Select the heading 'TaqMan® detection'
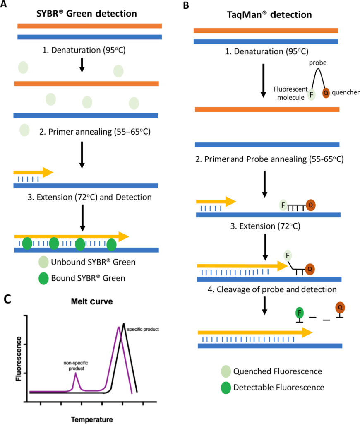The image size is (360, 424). point(271,16)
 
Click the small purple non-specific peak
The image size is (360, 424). point(75,374)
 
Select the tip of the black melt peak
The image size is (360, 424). point(123,324)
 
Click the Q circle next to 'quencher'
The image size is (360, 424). point(326,94)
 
